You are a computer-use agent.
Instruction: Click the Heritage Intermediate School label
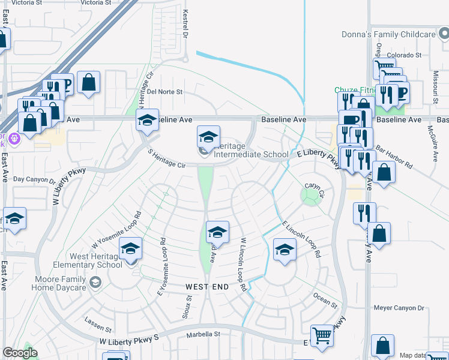tap(251, 150)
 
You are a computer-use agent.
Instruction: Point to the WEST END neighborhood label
tap(206, 287)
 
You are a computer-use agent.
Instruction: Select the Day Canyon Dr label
tap(34, 179)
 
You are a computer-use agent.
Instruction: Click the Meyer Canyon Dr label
tap(399, 308)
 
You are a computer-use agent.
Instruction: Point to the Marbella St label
tap(203, 334)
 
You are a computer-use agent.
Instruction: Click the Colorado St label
tap(402, 55)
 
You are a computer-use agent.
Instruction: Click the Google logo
tap(20, 353)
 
